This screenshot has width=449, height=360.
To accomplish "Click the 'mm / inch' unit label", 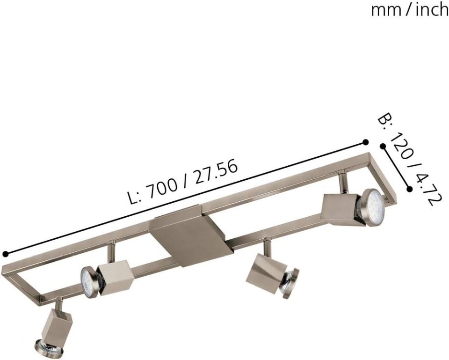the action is click(x=410, y=10).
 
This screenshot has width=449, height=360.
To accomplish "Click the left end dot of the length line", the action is click(x=5, y=254).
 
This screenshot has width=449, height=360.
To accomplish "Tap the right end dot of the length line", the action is click(x=365, y=142).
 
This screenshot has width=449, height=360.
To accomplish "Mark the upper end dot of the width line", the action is click(x=382, y=146).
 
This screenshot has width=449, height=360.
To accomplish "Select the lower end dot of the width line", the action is click(x=410, y=189).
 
